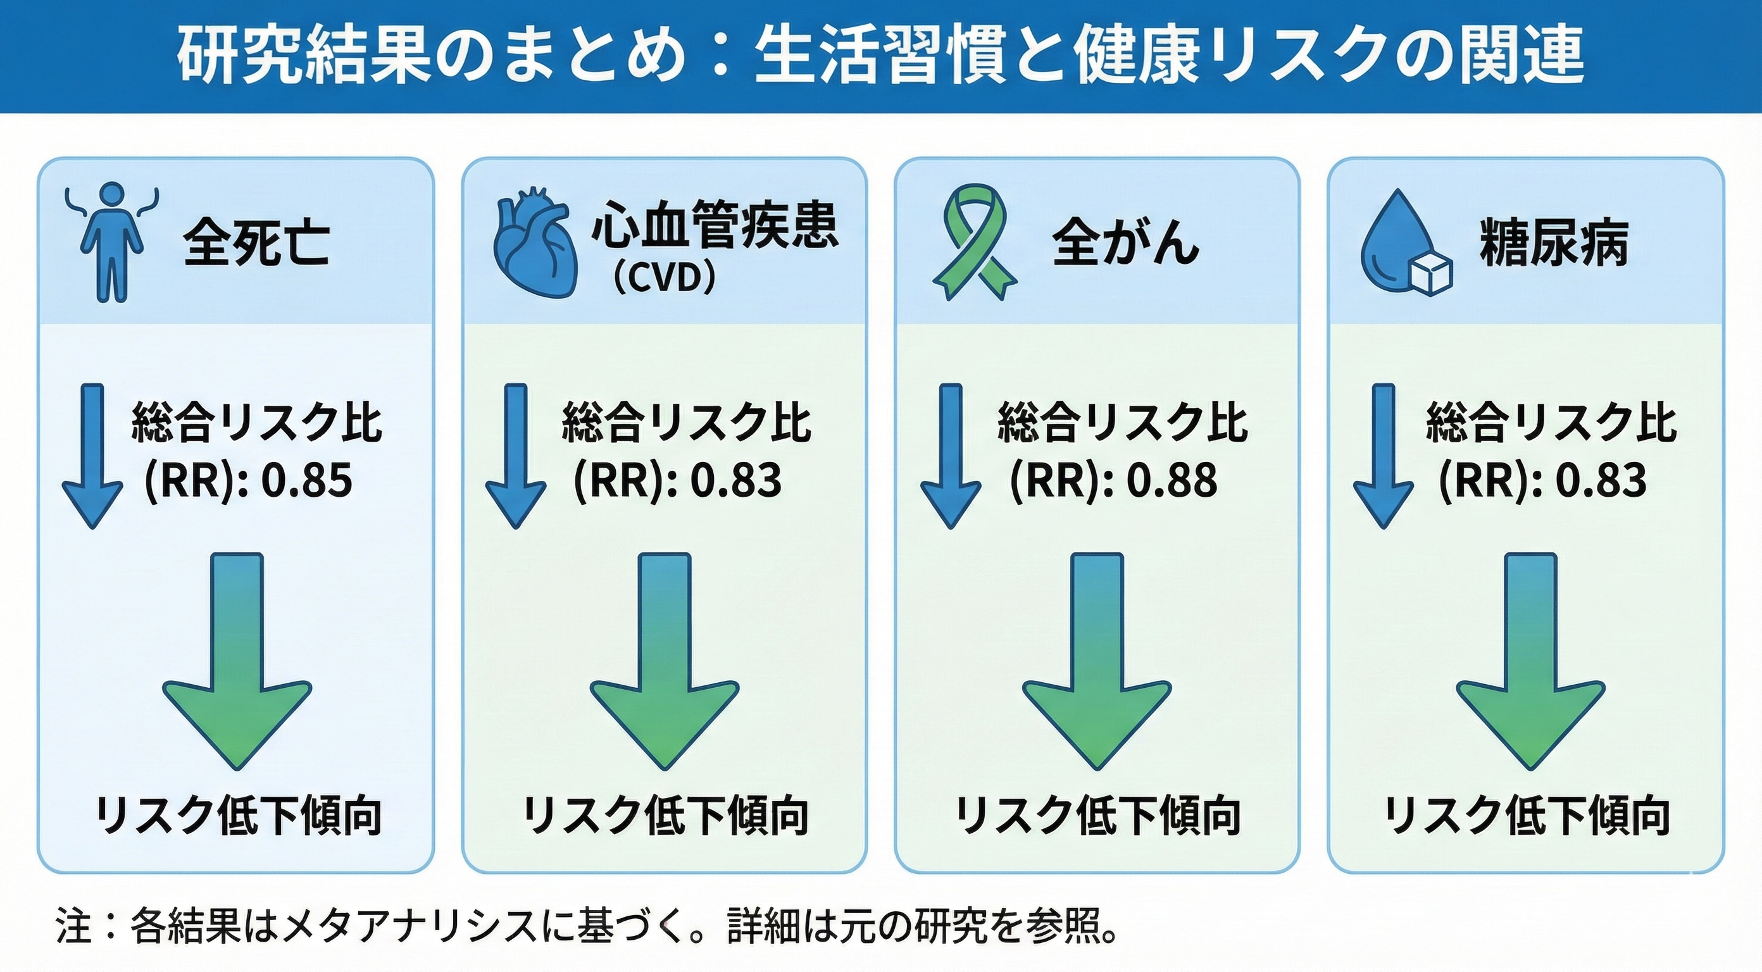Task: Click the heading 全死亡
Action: (x=256, y=243)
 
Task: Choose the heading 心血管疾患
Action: (x=714, y=225)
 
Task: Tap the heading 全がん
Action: (x=1125, y=243)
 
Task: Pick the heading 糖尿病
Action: (x=1553, y=243)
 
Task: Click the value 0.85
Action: (x=307, y=480)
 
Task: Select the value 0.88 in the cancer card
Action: (x=1172, y=480)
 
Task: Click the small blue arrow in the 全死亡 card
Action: (x=92, y=455)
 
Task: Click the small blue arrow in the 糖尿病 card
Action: (x=1383, y=455)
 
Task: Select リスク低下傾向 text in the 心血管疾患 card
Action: (x=665, y=815)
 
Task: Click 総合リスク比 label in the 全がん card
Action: (x=1122, y=423)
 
